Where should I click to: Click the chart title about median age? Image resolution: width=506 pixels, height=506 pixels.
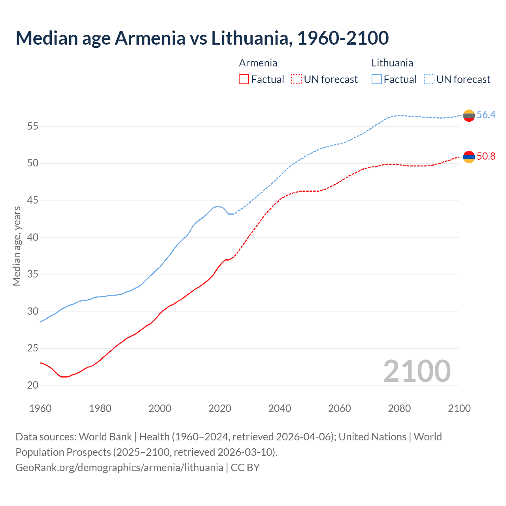point(202,38)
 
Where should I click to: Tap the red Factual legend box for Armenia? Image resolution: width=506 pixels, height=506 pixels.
point(244,79)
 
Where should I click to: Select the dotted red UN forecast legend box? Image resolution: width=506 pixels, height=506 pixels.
point(296,79)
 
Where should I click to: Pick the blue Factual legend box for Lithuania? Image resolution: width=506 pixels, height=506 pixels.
point(377,79)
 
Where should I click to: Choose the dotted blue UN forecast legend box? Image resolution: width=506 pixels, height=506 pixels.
point(429,79)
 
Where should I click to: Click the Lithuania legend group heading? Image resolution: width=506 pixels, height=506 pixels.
point(392,63)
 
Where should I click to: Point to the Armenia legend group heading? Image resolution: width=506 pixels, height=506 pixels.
point(258,63)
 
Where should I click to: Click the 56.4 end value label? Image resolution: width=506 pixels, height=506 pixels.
point(486,115)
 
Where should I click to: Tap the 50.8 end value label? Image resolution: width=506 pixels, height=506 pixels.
point(486,156)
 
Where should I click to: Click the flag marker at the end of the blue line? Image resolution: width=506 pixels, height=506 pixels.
point(469,115)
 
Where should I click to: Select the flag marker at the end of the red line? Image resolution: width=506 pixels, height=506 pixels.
point(469,157)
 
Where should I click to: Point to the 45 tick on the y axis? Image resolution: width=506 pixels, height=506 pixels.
point(32,200)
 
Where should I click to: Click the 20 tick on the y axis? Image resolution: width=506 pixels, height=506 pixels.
point(32,385)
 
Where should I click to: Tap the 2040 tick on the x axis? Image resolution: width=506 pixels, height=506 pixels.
point(279,408)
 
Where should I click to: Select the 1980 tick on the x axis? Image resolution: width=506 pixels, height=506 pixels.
point(100,408)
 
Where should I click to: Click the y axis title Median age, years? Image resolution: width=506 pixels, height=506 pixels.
point(17,246)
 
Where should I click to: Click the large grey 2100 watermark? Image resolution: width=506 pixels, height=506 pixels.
point(417,371)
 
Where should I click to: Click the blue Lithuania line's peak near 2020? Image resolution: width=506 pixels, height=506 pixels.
point(217,206)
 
